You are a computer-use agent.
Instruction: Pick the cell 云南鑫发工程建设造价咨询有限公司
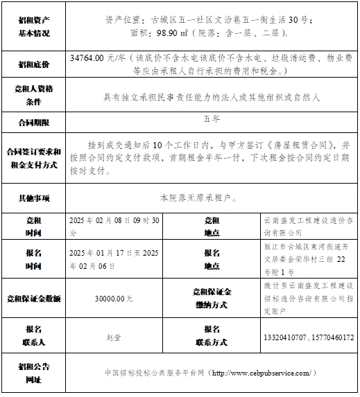[x=308, y=227]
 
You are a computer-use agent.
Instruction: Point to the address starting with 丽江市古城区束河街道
[x=308, y=260]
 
